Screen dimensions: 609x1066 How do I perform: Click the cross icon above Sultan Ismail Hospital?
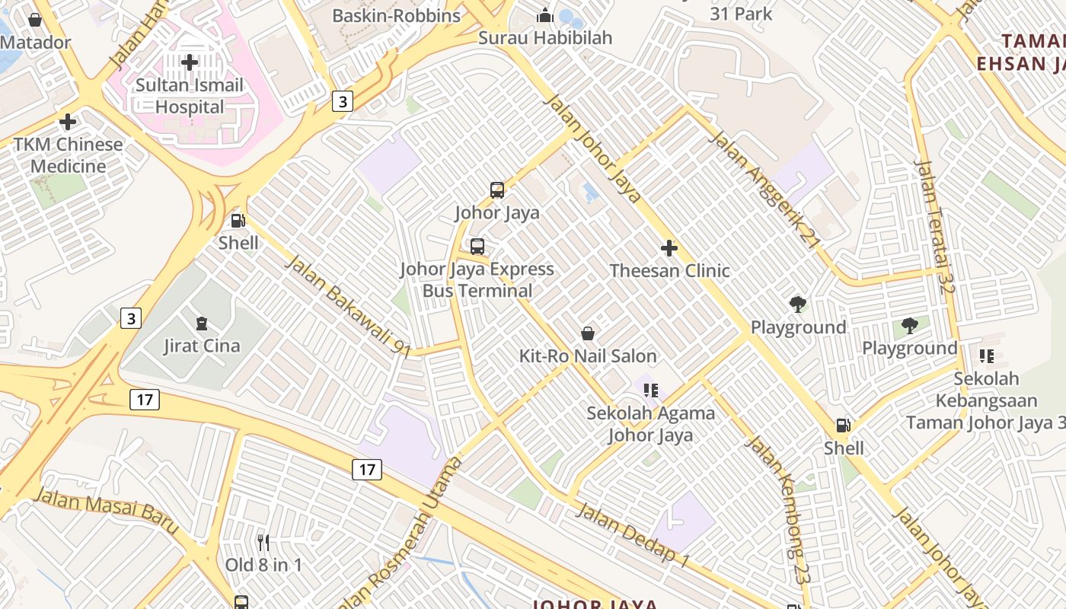coord(190,62)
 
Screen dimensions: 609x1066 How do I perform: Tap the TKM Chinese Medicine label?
coord(68,155)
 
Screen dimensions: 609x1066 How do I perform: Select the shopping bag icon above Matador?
coord(35,20)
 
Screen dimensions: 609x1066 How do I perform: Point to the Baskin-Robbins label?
coord(397,15)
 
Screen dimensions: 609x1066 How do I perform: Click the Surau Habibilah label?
coord(544,37)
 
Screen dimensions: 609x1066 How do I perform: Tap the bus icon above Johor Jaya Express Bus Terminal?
coord(477,247)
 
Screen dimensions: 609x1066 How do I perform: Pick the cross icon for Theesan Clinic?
coord(669,248)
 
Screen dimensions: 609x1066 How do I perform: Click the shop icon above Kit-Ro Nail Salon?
coord(588,333)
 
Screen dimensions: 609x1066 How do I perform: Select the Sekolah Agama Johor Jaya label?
coord(650,424)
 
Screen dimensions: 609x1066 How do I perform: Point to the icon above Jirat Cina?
coord(202,324)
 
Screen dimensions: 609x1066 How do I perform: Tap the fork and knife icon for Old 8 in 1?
coord(263,543)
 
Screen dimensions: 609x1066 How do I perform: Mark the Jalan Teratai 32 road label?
coord(935,226)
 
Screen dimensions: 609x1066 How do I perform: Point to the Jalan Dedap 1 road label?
coord(632,534)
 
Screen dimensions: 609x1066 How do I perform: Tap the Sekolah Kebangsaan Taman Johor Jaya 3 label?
coord(986,400)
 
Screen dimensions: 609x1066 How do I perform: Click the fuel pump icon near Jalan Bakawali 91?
coord(238,222)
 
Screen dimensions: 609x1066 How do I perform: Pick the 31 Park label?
coord(741,14)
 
